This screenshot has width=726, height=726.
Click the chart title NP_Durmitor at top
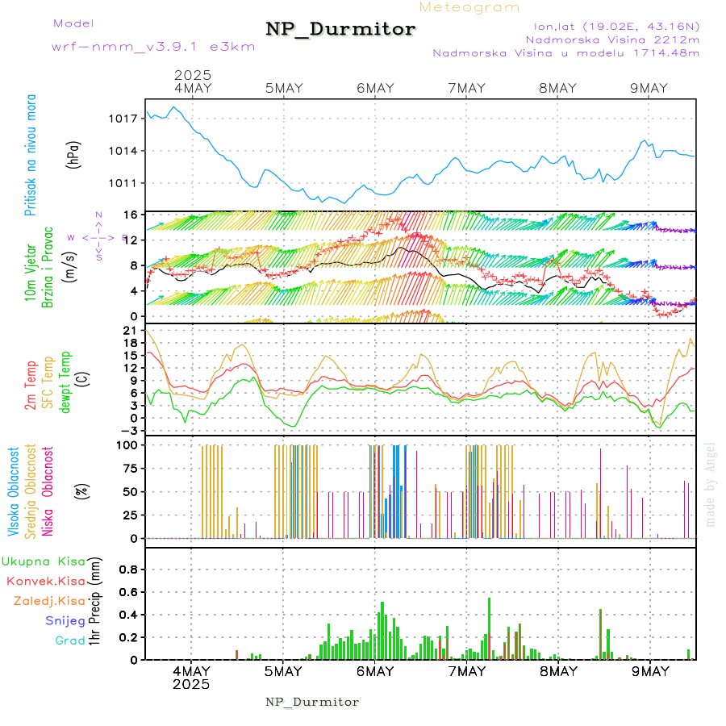tap(340, 30)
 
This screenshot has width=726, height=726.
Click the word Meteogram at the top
tap(469, 7)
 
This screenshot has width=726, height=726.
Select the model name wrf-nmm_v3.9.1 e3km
tap(153, 46)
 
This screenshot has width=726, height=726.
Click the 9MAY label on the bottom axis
tap(649, 671)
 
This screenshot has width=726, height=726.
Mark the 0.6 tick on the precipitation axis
tap(127, 592)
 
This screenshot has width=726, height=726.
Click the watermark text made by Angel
tap(711, 484)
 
